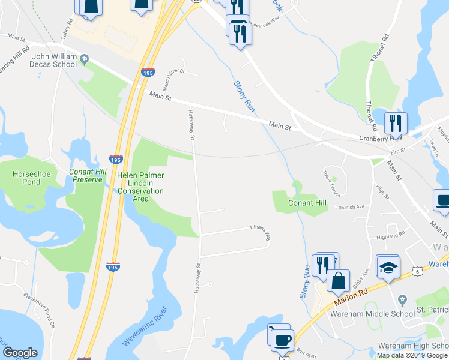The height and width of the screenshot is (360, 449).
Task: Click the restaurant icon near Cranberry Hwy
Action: (395, 124)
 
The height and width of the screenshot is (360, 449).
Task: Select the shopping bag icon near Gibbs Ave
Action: (338, 280)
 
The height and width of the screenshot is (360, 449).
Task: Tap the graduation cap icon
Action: (388, 266)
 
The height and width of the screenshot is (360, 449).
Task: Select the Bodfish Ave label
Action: (351, 208)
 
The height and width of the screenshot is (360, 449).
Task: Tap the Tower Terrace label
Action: (331, 183)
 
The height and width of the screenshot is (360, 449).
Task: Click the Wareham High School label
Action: (412, 346)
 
